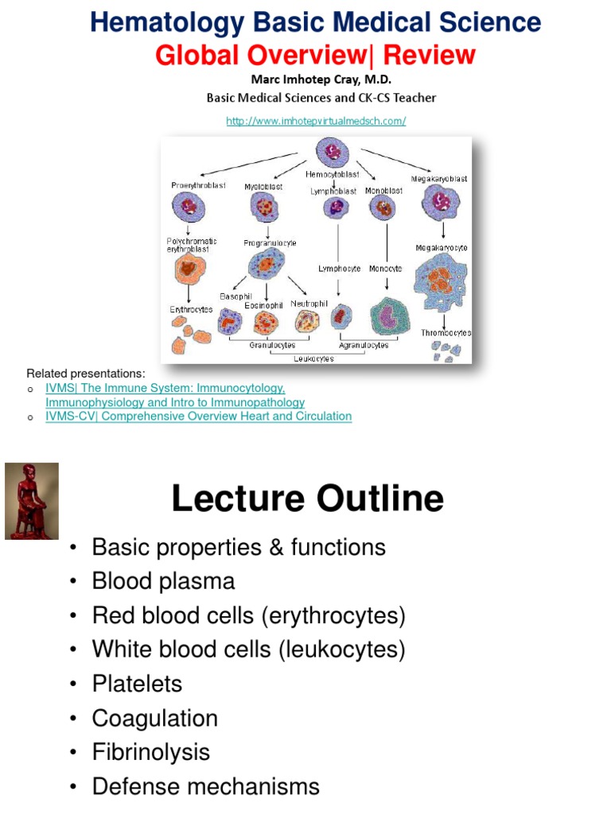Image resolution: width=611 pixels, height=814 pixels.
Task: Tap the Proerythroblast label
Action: tap(198, 185)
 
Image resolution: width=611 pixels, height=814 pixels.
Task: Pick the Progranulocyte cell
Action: tap(266, 263)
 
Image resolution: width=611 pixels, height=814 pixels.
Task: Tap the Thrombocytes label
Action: tap(446, 332)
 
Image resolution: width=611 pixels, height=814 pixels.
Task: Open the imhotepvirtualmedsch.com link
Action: tap(316, 121)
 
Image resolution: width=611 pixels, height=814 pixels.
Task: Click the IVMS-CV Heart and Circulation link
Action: tap(198, 416)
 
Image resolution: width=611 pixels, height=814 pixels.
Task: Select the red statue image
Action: tap(32, 501)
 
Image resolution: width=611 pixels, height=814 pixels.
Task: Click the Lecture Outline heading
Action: tap(308, 498)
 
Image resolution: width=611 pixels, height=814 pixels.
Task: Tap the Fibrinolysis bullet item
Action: tap(151, 752)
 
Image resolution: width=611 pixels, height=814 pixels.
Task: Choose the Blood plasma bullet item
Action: tap(163, 581)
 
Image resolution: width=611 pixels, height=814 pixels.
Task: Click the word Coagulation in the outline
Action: tap(154, 718)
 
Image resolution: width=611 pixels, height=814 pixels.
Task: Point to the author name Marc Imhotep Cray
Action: tap(321, 79)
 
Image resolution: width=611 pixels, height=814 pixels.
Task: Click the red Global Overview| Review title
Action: tap(315, 55)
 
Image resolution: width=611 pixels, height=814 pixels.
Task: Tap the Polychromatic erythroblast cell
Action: tap(189, 270)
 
